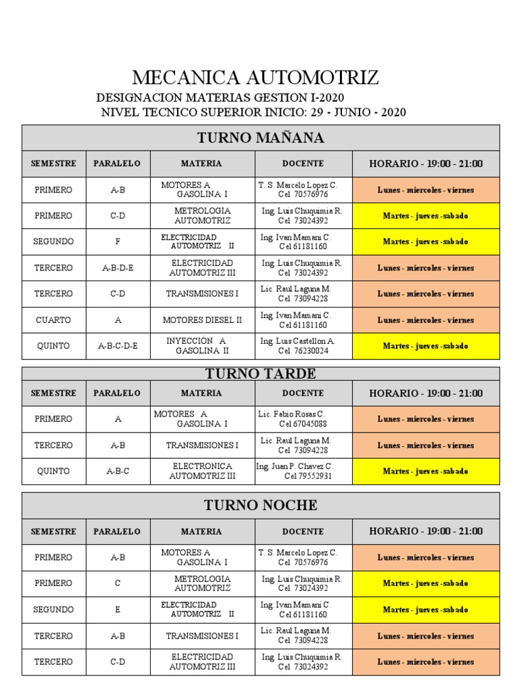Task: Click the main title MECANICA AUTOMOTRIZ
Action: click(x=255, y=77)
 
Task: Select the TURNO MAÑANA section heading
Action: click(x=261, y=138)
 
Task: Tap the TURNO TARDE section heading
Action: click(x=261, y=373)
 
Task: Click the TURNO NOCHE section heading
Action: click(x=261, y=505)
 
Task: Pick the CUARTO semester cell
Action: click(x=53, y=320)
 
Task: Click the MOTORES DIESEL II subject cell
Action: click(x=202, y=320)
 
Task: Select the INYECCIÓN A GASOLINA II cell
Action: click(x=202, y=346)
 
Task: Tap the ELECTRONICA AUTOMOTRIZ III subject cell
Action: click(x=202, y=471)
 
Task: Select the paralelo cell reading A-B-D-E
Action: click(x=118, y=268)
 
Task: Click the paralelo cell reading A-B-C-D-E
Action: click(x=118, y=346)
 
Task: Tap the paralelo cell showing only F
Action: click(x=118, y=242)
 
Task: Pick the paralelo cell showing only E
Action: click(x=118, y=610)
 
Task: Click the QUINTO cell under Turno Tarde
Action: click(x=53, y=471)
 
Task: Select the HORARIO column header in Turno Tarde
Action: click(x=425, y=393)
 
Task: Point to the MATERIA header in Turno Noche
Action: click(x=201, y=532)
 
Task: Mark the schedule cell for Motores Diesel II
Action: click(x=425, y=320)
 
